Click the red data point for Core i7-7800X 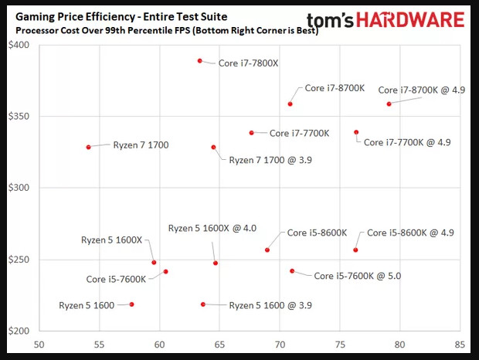click(x=200, y=60)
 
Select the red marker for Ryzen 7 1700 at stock click(x=88, y=147)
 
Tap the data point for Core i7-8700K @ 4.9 click(x=389, y=104)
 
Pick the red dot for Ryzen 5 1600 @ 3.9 click(x=203, y=304)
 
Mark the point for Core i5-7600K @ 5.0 click(x=292, y=271)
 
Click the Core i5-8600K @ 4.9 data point click(x=355, y=250)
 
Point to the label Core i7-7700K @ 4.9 click(x=406, y=142)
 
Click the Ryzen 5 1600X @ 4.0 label click(x=212, y=228)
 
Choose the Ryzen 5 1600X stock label click(x=111, y=240)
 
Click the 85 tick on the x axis click(x=460, y=345)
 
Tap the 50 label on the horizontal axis click(x=39, y=345)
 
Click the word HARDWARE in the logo click(x=415, y=21)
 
